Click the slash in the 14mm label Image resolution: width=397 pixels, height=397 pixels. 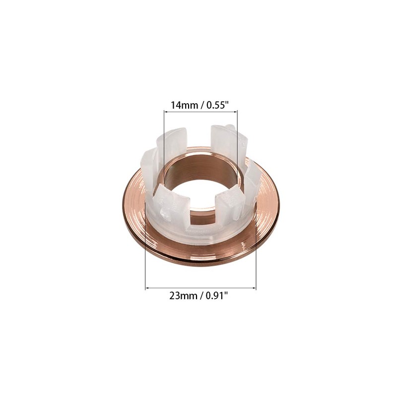point(199,105)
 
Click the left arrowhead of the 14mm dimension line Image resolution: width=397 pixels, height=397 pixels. point(166,113)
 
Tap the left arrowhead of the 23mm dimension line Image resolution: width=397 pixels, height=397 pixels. point(147,287)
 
